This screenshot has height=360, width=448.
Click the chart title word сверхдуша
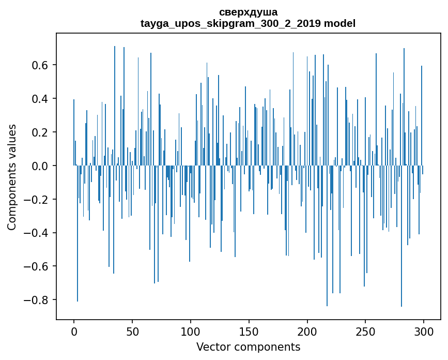pyautogui.click(x=248, y=12)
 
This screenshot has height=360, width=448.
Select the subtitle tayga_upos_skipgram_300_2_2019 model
pyautogui.click(x=248, y=23)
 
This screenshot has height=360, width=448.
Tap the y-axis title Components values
pyautogui.click(x=12, y=177)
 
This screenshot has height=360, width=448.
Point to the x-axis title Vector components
pyautogui.click(x=248, y=347)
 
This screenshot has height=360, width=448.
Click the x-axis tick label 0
pyautogui.click(x=74, y=331)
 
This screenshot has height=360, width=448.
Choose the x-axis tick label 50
pyautogui.click(x=132, y=331)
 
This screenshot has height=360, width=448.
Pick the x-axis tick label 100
pyautogui.click(x=191, y=331)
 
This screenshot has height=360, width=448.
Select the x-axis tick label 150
pyautogui.click(x=249, y=331)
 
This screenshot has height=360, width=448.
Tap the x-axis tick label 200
pyautogui.click(x=307, y=331)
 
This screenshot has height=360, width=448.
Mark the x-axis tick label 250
pyautogui.click(x=366, y=331)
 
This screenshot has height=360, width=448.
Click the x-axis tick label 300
pyautogui.click(x=424, y=331)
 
